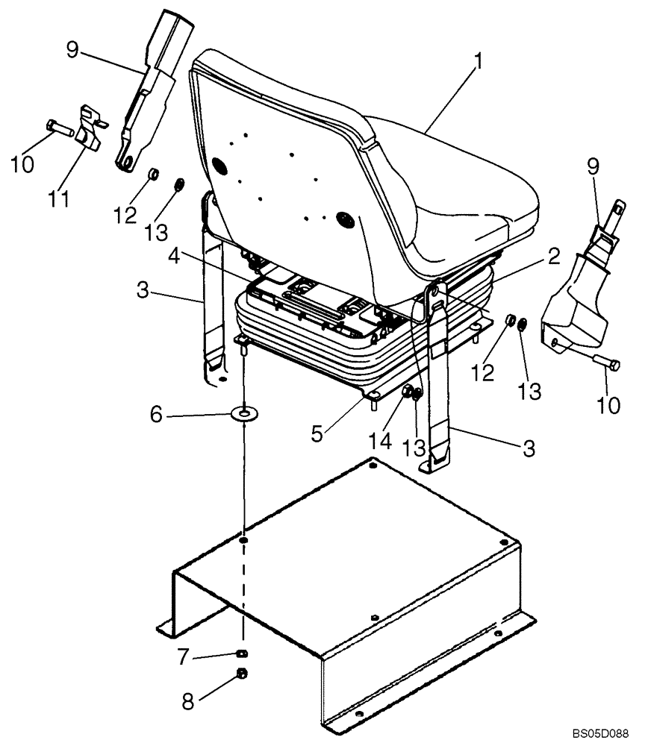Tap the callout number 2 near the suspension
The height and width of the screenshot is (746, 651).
552,258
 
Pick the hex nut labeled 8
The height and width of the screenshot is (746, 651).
243,674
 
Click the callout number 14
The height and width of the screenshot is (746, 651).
380,441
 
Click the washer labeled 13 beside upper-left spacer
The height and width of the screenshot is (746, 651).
180,184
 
